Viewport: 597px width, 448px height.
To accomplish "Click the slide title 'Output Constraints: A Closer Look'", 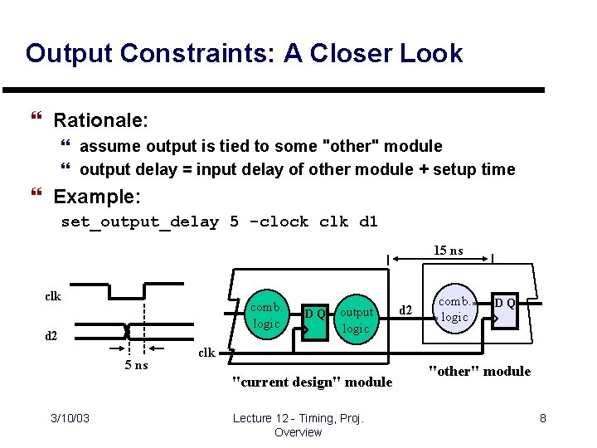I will pos(244,54).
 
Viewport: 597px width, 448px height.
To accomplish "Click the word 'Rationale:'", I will pos(100,120).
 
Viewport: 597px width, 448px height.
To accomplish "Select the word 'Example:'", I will pos(97,197).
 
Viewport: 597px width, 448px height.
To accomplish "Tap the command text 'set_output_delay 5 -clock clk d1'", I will pos(219,222).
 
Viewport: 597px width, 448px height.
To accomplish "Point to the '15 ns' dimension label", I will pos(449,250).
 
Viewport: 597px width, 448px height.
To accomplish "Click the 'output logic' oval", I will pos(357,320).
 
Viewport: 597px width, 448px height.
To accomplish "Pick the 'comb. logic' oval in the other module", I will pos(454,309).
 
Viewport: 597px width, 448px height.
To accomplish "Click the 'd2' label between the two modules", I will pos(406,310).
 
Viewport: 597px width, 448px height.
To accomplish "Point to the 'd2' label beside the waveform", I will pos(51,336).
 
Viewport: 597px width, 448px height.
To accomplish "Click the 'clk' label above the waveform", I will pos(52,295).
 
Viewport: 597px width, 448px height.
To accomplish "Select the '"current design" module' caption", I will pos(312,382).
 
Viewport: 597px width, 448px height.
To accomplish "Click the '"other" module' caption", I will pos(479,371).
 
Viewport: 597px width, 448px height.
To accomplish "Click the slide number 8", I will pos(543,418).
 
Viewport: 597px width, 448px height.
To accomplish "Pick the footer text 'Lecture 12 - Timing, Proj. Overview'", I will pos(298,425).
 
